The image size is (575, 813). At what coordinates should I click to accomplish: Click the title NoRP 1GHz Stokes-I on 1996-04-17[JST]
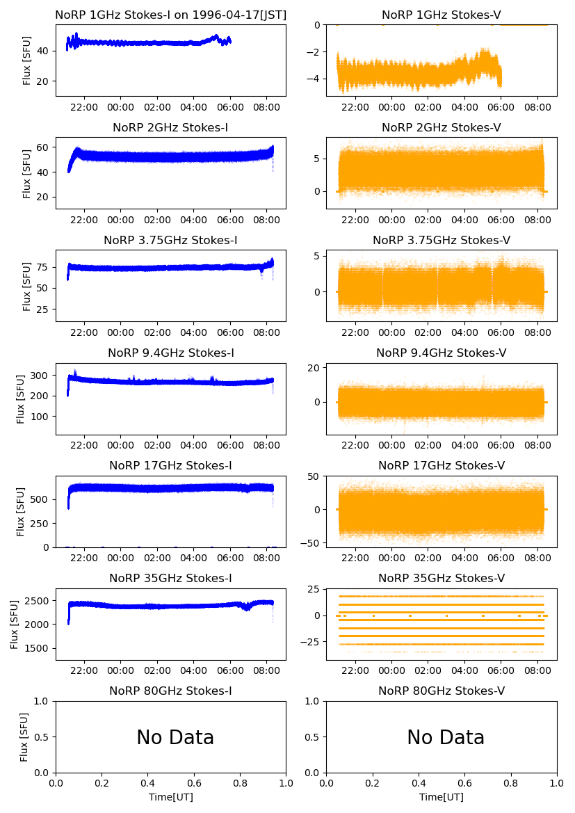pyautogui.click(x=171, y=15)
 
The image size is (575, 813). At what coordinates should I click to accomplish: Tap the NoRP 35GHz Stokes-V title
pyautogui.click(x=442, y=579)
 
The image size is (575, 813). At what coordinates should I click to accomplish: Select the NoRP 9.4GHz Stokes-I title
pyautogui.click(x=171, y=353)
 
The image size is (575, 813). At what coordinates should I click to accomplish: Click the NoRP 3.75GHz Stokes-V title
pyautogui.click(x=442, y=241)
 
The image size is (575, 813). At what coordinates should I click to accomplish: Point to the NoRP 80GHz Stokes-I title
pyautogui.click(x=171, y=691)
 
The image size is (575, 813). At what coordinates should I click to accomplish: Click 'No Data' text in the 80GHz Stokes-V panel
pyautogui.click(x=446, y=738)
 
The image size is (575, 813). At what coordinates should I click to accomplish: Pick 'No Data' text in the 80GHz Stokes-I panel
pyautogui.click(x=175, y=738)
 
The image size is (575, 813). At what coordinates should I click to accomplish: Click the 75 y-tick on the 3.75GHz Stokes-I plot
pyautogui.click(x=44, y=267)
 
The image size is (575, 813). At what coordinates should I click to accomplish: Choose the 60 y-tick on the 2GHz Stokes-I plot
pyautogui.click(x=44, y=147)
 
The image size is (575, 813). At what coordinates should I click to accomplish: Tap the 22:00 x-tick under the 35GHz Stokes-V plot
pyautogui.click(x=355, y=671)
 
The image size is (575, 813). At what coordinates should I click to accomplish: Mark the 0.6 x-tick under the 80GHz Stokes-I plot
pyautogui.click(x=194, y=784)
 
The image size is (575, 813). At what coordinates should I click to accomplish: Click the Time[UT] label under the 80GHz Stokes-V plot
pyautogui.click(x=442, y=797)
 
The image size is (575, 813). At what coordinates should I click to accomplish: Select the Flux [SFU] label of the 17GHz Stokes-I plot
pyautogui.click(x=21, y=512)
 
